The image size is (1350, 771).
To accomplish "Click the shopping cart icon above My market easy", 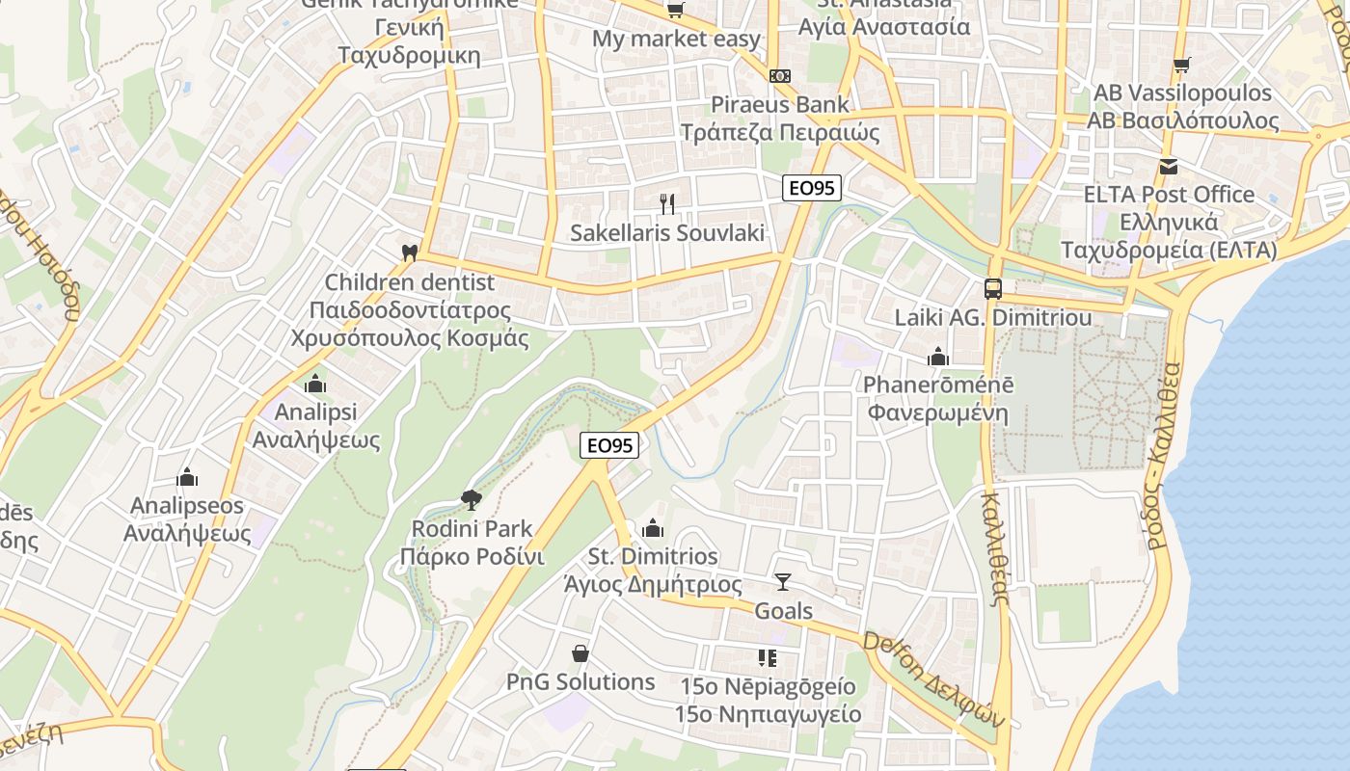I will (x=675, y=11).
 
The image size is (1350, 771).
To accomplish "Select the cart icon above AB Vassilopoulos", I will (x=1182, y=65).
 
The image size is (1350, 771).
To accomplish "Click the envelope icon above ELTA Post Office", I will (x=1169, y=166).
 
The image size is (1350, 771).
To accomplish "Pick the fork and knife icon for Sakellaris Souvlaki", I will (x=666, y=203).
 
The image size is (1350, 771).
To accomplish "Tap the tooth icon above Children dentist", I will (x=409, y=253).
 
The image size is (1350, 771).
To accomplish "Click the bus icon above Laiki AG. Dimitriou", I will (x=992, y=288).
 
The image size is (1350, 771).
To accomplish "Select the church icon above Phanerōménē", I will (x=938, y=357).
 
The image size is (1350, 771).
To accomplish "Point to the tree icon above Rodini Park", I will (x=472, y=499).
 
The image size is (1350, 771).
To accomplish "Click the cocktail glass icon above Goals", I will (x=782, y=581).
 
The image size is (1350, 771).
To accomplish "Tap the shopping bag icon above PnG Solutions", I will (x=580, y=653).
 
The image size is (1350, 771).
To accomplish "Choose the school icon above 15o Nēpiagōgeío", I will (x=768, y=658).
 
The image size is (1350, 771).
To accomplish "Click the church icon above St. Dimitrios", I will (x=653, y=528).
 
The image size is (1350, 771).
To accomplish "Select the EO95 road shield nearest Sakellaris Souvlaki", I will (x=812, y=188).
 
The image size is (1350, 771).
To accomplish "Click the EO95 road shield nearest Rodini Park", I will (x=610, y=445).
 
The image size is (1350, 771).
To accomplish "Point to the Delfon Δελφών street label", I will (x=933, y=679).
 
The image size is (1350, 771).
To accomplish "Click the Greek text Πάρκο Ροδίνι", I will (x=472, y=557).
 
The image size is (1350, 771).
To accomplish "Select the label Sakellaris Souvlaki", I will (x=667, y=232).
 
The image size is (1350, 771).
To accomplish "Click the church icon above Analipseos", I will (x=187, y=477).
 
